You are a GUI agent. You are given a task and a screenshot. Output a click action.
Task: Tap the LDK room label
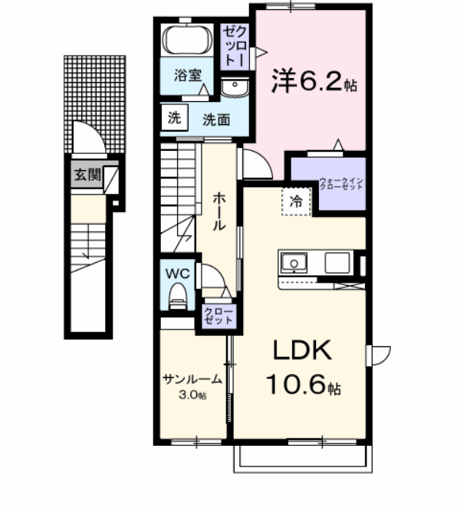click(x=303, y=351)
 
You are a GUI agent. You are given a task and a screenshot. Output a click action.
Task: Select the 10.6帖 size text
click(x=303, y=383)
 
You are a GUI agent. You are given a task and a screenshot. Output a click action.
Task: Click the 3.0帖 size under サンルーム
click(x=192, y=395)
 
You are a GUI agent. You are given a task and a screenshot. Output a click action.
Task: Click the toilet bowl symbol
click(x=178, y=295)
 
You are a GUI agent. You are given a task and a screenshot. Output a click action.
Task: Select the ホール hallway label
click(x=219, y=211)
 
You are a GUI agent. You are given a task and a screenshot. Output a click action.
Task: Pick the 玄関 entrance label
click(x=87, y=174)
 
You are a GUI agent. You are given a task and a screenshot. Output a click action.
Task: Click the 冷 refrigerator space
click(x=296, y=202)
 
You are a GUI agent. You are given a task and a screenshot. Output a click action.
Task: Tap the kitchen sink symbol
click(x=292, y=264)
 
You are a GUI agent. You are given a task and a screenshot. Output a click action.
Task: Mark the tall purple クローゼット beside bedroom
click(x=234, y=46)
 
